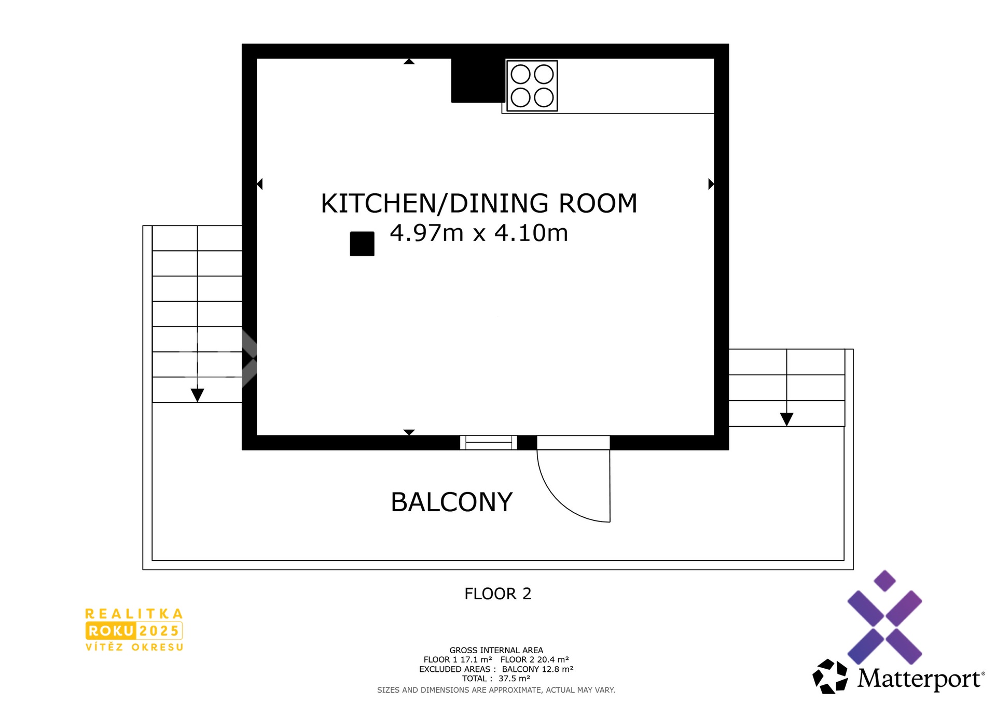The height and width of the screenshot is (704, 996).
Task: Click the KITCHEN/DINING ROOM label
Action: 479,203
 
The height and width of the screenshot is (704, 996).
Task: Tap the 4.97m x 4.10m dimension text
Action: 479,233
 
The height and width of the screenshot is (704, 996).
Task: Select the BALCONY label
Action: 451,502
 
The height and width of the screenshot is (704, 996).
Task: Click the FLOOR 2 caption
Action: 498,594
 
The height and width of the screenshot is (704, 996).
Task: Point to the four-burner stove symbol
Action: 532,86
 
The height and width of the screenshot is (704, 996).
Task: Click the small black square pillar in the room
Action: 362,244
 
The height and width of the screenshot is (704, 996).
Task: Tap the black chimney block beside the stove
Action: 478,80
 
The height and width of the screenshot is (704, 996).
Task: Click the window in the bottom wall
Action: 489,442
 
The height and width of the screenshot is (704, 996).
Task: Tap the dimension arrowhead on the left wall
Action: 260,184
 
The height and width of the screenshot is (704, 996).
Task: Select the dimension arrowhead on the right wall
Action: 711,184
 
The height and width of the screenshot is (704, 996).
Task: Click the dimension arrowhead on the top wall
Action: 409,61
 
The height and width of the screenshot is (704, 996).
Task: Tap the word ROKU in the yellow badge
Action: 111,631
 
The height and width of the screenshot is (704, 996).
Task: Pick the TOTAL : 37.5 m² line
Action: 496,679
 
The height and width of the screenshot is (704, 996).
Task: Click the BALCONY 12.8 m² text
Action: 537,669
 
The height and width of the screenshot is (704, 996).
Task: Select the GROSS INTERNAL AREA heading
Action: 496,650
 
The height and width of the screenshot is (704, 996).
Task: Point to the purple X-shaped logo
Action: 884,617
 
